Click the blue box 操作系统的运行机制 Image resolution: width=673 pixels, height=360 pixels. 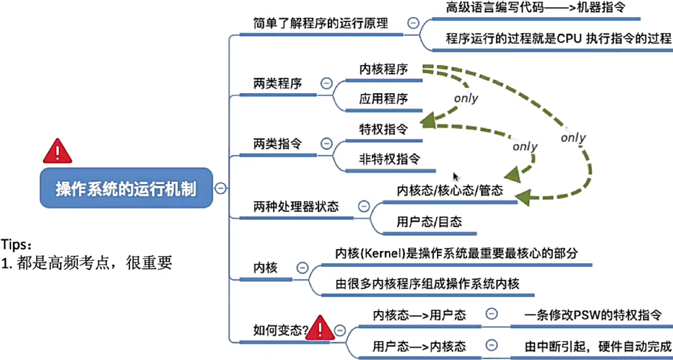tap(126, 188)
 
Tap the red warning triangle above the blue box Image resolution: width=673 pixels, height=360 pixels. tap(58, 152)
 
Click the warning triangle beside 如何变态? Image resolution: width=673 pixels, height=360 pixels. tap(319, 328)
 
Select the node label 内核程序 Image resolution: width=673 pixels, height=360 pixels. tap(383, 69)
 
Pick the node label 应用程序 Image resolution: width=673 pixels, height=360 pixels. tap(383, 99)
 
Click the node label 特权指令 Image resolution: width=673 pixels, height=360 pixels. tap(383, 129)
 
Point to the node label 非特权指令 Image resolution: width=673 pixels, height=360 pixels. tap(389, 159)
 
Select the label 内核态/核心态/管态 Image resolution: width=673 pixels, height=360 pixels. tap(450, 190)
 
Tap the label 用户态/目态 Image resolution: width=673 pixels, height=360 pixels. tap(429, 222)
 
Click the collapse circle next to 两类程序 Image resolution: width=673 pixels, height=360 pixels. tap(326, 83)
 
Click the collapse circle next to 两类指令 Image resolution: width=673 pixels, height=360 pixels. tap(326, 143)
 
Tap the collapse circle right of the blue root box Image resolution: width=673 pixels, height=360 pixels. tap(221, 188)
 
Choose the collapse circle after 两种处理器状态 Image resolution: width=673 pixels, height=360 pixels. tap(364, 206)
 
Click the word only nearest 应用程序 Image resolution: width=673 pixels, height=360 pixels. tap(466, 98)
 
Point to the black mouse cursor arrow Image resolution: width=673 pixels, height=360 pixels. tap(456, 177)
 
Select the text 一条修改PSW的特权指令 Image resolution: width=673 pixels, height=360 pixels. tap(593, 315)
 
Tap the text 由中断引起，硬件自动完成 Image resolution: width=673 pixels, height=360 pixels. tap(597, 346)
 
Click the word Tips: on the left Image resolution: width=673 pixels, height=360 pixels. tap(16, 244)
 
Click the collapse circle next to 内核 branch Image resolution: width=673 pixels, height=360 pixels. tap(302, 267)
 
